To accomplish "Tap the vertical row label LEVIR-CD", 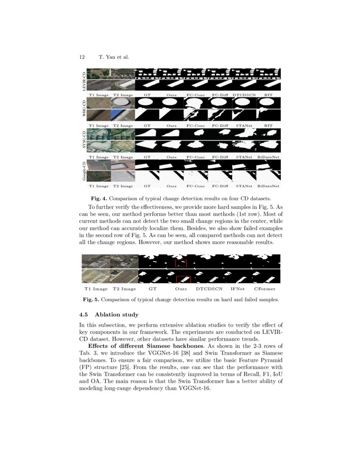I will (84, 80).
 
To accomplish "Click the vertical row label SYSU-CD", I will (84, 141).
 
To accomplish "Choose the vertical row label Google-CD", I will (84, 171).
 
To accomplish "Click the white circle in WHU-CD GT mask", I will (147, 103).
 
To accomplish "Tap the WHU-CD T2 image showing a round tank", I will (123, 103).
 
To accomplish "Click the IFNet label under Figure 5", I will (238, 289).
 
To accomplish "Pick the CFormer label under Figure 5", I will (265, 289).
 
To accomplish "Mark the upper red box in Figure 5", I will (181, 264).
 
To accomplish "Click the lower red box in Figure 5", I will (183, 279).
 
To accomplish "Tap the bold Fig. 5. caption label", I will (91, 300).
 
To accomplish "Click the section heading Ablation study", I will (116, 315).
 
